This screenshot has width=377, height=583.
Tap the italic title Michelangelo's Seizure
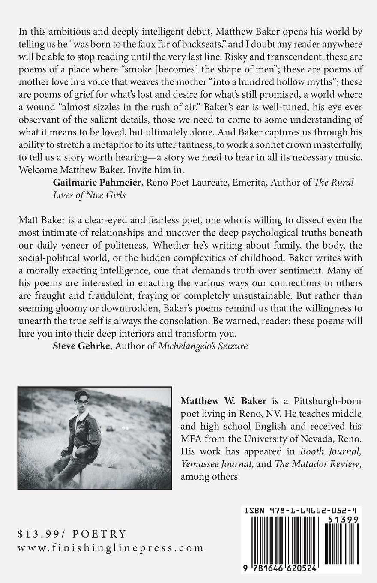[x=203, y=346]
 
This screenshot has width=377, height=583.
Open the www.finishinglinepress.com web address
[x=111, y=548]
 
